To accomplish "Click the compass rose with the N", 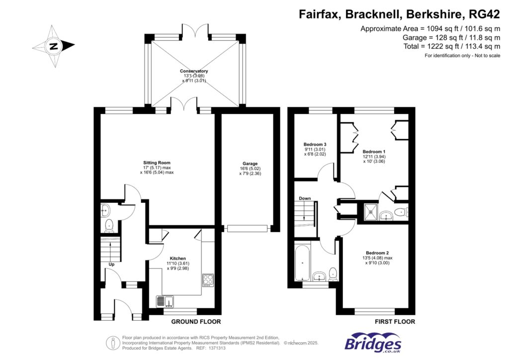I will click(53, 47).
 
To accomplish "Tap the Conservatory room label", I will click(194, 71).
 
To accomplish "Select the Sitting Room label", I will click(157, 163).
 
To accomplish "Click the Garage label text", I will click(250, 164).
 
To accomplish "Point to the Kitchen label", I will click(178, 259).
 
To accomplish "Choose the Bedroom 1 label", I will click(373, 152).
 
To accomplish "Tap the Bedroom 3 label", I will click(315, 145).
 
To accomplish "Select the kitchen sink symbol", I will click(165, 300).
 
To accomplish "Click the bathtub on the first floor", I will click(301, 262).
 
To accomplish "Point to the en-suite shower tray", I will click(370, 212).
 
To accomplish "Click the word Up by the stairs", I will click(111, 265).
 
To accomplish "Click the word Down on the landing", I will click(305, 198).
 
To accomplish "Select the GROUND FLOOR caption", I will click(196, 322).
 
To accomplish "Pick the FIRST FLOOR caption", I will click(395, 322).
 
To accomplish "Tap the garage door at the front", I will click(247, 228).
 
